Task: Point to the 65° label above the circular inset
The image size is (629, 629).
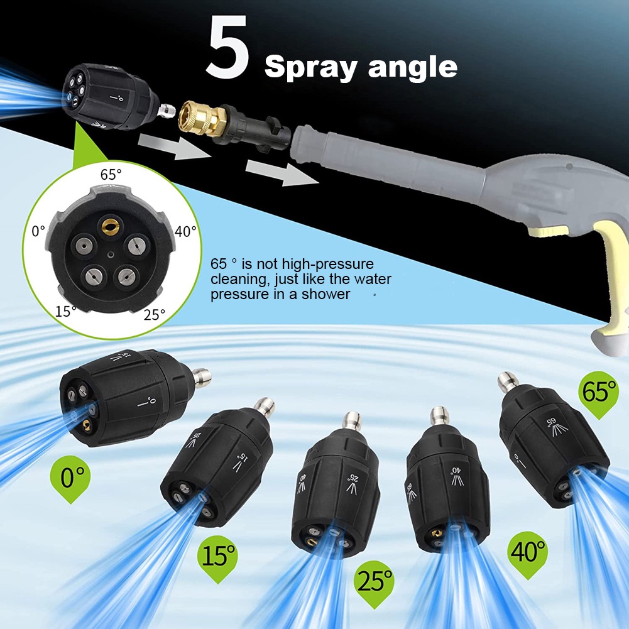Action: (x=112, y=174)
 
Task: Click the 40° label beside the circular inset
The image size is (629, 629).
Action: (x=186, y=231)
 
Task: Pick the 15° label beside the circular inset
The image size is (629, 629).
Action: (x=65, y=310)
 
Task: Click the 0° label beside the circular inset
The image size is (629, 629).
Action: (x=38, y=231)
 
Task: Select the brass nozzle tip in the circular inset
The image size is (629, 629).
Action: (x=110, y=222)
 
